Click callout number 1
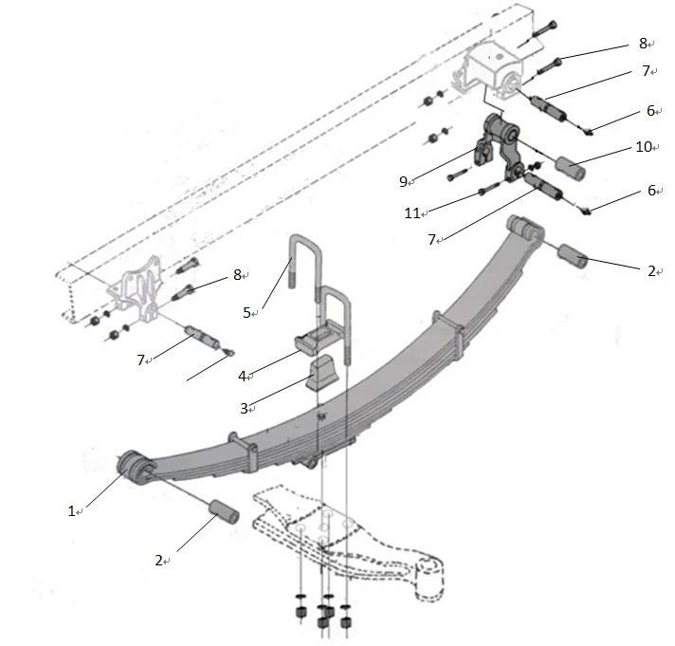[x=70, y=510]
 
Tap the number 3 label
[x=244, y=408]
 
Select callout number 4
[x=243, y=377]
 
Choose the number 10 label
[x=644, y=146]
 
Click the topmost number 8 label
[x=643, y=43]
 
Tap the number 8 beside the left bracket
[x=238, y=275]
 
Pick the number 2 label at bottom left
[x=159, y=560]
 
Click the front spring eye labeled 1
[x=133, y=467]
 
